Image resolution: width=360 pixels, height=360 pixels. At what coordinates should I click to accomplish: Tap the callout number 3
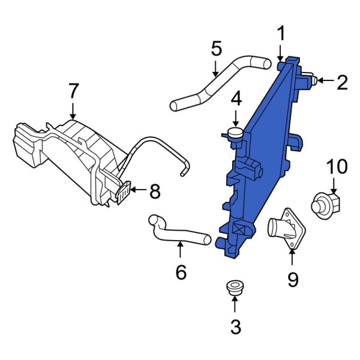[235, 327]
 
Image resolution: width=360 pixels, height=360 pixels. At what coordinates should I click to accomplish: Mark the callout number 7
[73, 91]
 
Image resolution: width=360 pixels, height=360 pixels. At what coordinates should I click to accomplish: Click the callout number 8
[155, 191]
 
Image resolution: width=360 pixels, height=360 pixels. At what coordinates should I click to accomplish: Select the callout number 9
[292, 280]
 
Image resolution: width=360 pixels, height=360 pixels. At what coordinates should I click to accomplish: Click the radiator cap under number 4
[236, 133]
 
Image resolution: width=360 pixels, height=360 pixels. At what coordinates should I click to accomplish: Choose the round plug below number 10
[326, 204]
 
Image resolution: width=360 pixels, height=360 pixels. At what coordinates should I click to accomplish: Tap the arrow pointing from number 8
[138, 191]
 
